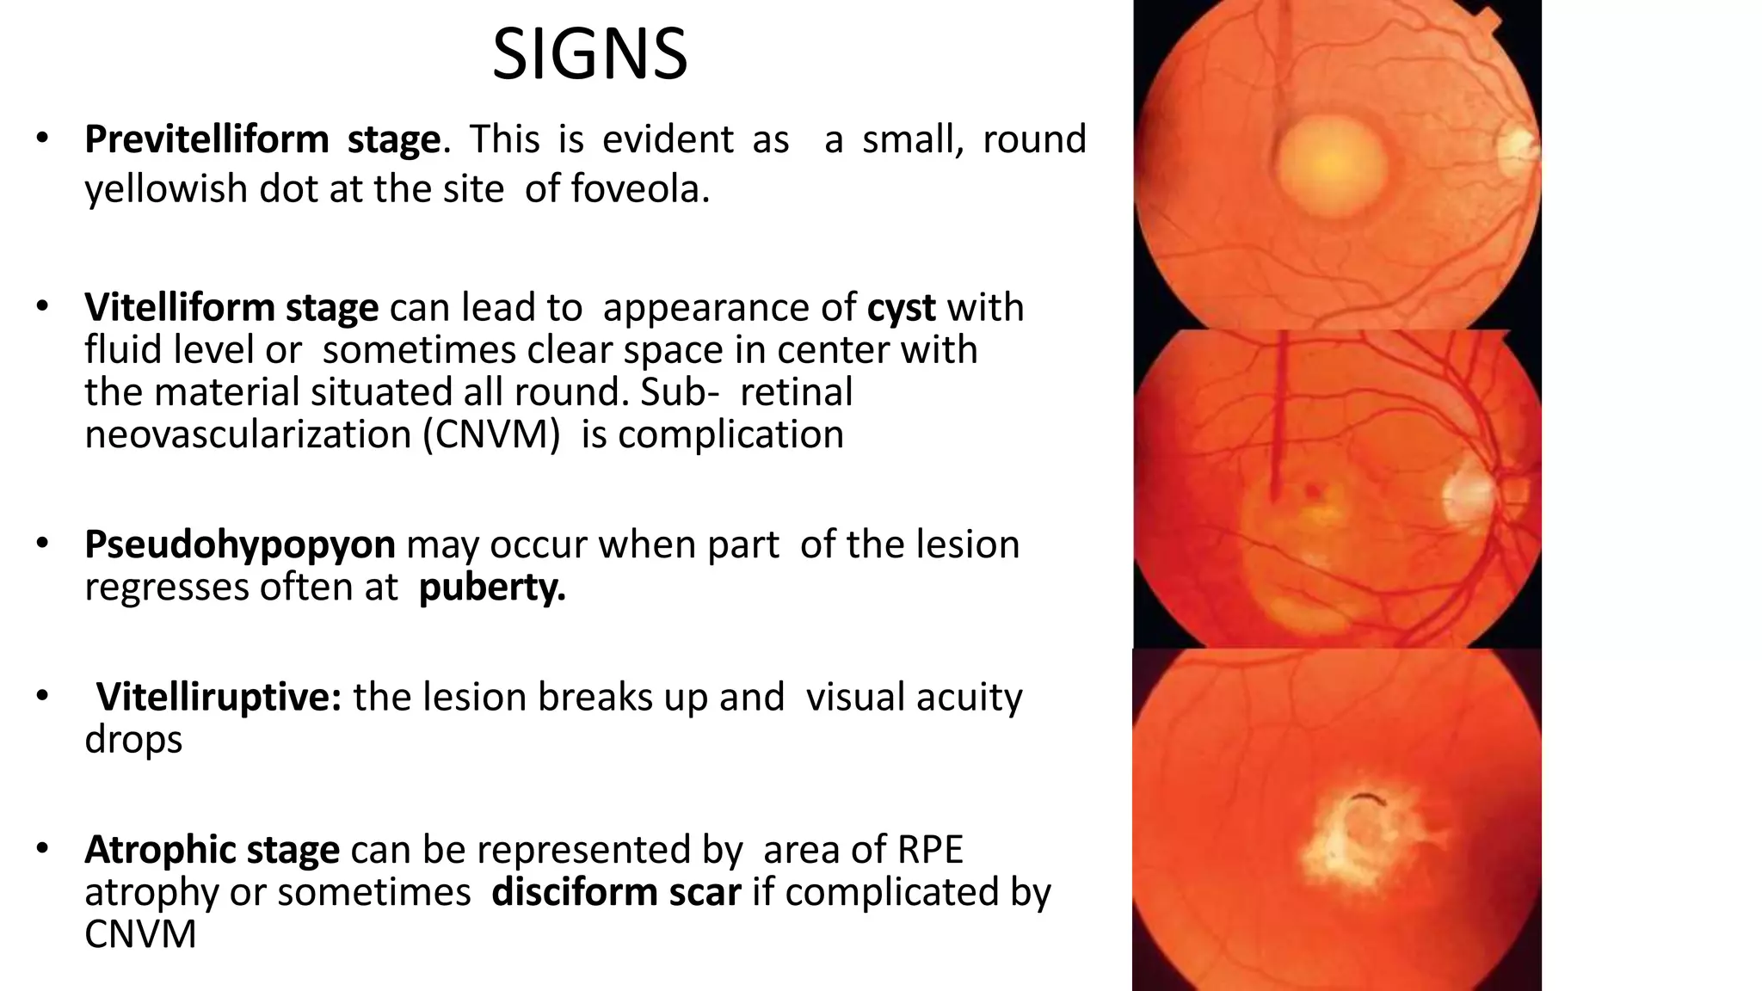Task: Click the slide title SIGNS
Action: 589,55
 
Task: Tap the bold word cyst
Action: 901,308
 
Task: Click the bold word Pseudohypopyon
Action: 240,545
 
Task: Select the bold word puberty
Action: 492,588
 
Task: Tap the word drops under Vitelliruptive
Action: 133,740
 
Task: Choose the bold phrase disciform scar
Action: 616,892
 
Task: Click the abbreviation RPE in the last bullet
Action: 930,850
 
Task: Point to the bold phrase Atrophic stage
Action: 212,850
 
